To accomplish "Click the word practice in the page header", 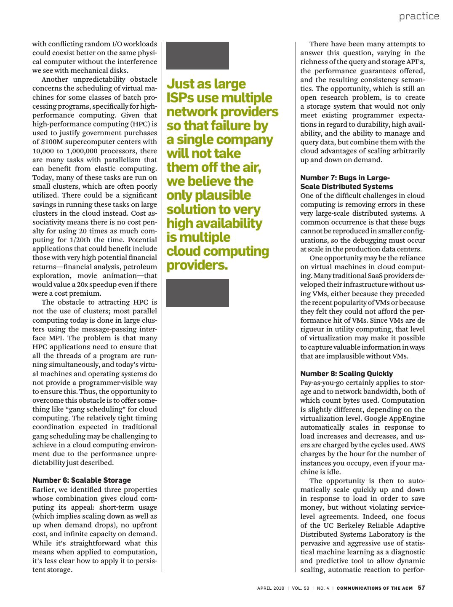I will [x=419, y=16].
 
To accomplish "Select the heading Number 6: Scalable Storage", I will [x=82, y=480].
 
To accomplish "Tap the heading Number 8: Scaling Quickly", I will [x=346, y=374].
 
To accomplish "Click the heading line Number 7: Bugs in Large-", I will [x=345, y=178].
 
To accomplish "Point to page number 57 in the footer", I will [x=421, y=588].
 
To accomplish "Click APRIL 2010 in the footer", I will [x=271, y=588].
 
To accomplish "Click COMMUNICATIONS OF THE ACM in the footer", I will [x=375, y=588].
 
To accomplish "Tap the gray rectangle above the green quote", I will [x=197, y=56].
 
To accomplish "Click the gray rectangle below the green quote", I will [x=197, y=293].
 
